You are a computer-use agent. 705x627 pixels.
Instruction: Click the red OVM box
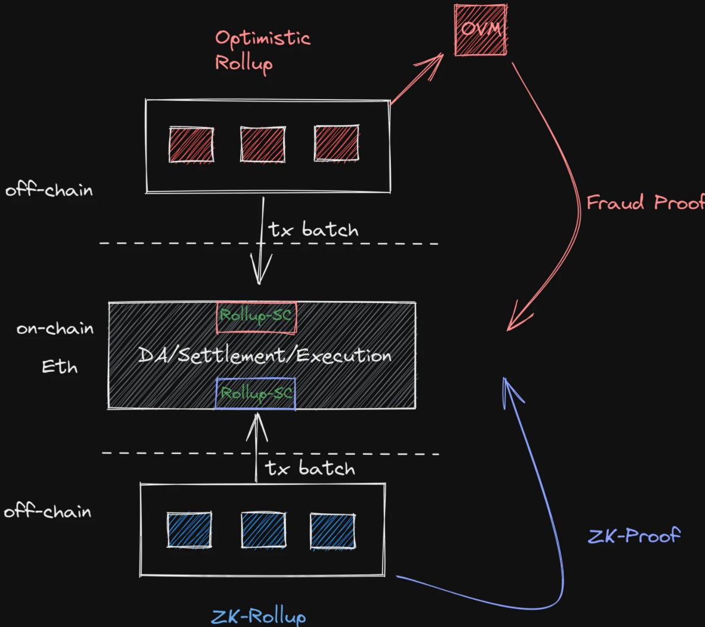480,30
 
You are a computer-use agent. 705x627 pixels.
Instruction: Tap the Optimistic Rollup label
262,50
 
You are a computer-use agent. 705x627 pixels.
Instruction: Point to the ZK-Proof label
633,536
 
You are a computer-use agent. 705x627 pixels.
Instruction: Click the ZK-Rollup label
259,616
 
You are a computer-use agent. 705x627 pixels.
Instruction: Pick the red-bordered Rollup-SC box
256,316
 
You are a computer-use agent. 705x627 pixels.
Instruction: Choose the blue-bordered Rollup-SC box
256,393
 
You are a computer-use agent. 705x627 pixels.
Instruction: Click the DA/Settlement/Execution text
265,356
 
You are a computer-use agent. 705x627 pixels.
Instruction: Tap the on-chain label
55,328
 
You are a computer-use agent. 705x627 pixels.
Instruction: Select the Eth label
60,367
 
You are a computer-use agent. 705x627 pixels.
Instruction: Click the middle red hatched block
263,144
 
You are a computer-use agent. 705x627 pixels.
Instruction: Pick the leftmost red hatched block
191,144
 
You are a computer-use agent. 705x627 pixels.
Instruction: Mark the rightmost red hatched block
337,143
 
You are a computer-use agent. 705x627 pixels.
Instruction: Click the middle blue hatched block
263,530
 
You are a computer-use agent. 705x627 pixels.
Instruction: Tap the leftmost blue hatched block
190,529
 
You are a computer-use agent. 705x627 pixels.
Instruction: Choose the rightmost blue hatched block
333,530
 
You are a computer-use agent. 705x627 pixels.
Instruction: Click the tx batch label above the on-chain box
313,229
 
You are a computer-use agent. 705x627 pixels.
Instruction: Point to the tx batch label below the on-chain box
310,468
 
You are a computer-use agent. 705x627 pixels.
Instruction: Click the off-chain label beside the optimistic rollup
49,191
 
